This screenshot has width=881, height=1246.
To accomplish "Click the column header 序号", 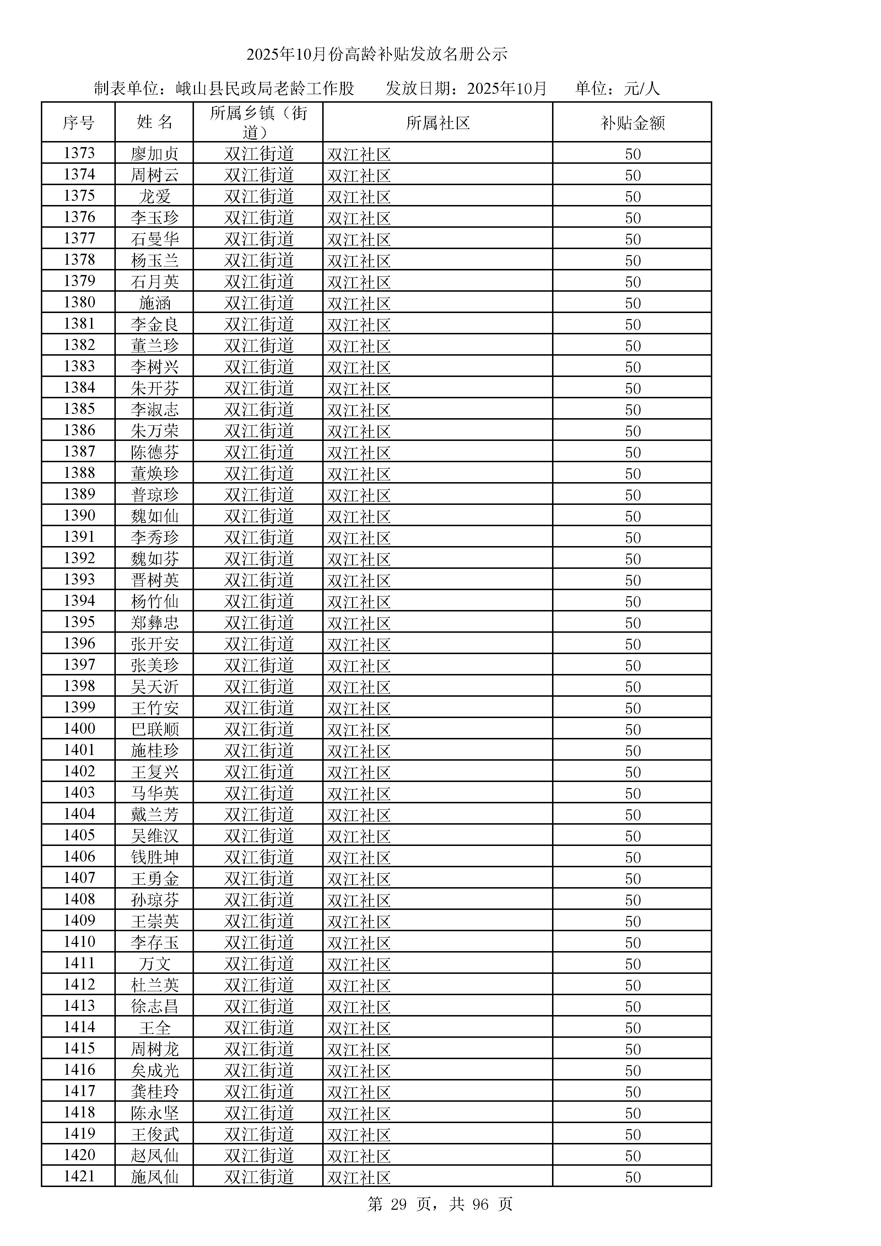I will [78, 123].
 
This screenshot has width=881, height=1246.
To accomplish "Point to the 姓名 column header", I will [155, 123].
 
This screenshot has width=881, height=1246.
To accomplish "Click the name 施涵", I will [155, 303].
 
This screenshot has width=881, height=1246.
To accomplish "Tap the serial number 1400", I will [79, 728].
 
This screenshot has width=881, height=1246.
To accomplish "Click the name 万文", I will [155, 964].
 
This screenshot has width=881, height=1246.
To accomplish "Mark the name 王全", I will [155, 1028].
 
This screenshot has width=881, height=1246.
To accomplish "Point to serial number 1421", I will [79, 1176].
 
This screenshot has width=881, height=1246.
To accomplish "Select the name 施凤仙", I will [155, 1177].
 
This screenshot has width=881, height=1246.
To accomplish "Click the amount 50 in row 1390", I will [633, 516].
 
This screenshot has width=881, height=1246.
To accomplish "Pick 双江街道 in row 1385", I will [259, 410].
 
